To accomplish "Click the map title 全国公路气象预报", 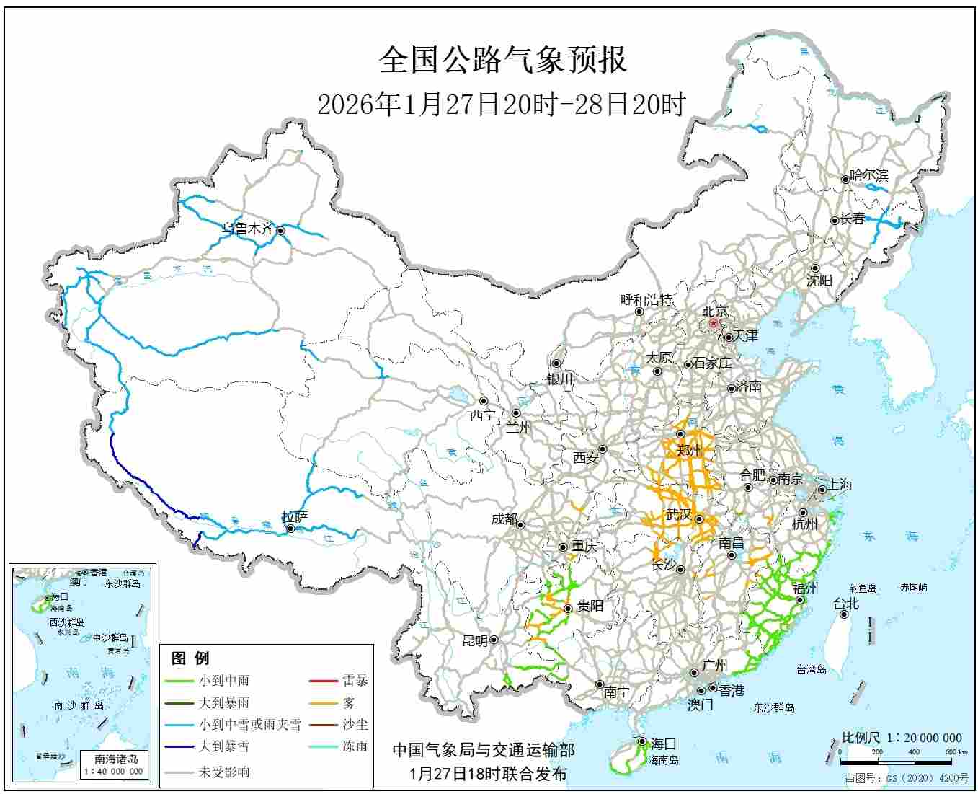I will [502, 60].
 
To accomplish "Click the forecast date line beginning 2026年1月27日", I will [501, 105].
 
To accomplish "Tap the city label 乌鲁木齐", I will [248, 229].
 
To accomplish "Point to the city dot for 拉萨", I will [290, 529].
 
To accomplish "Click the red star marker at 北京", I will [714, 324].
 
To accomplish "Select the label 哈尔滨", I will [869, 175].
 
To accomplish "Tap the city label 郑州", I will [689, 450].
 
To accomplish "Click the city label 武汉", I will [678, 515].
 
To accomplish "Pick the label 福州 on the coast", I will [804, 588].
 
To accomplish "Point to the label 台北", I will [846, 603].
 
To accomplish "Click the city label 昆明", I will [474, 640].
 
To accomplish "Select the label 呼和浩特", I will [646, 299].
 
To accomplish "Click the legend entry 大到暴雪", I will [224, 746].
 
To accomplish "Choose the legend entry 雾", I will [349, 702].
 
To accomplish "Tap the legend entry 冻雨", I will [355, 746].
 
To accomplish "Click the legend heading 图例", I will [190, 658].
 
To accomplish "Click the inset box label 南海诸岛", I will [116, 759].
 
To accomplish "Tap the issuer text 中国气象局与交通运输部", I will [484, 751].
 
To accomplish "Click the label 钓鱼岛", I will [862, 588].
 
